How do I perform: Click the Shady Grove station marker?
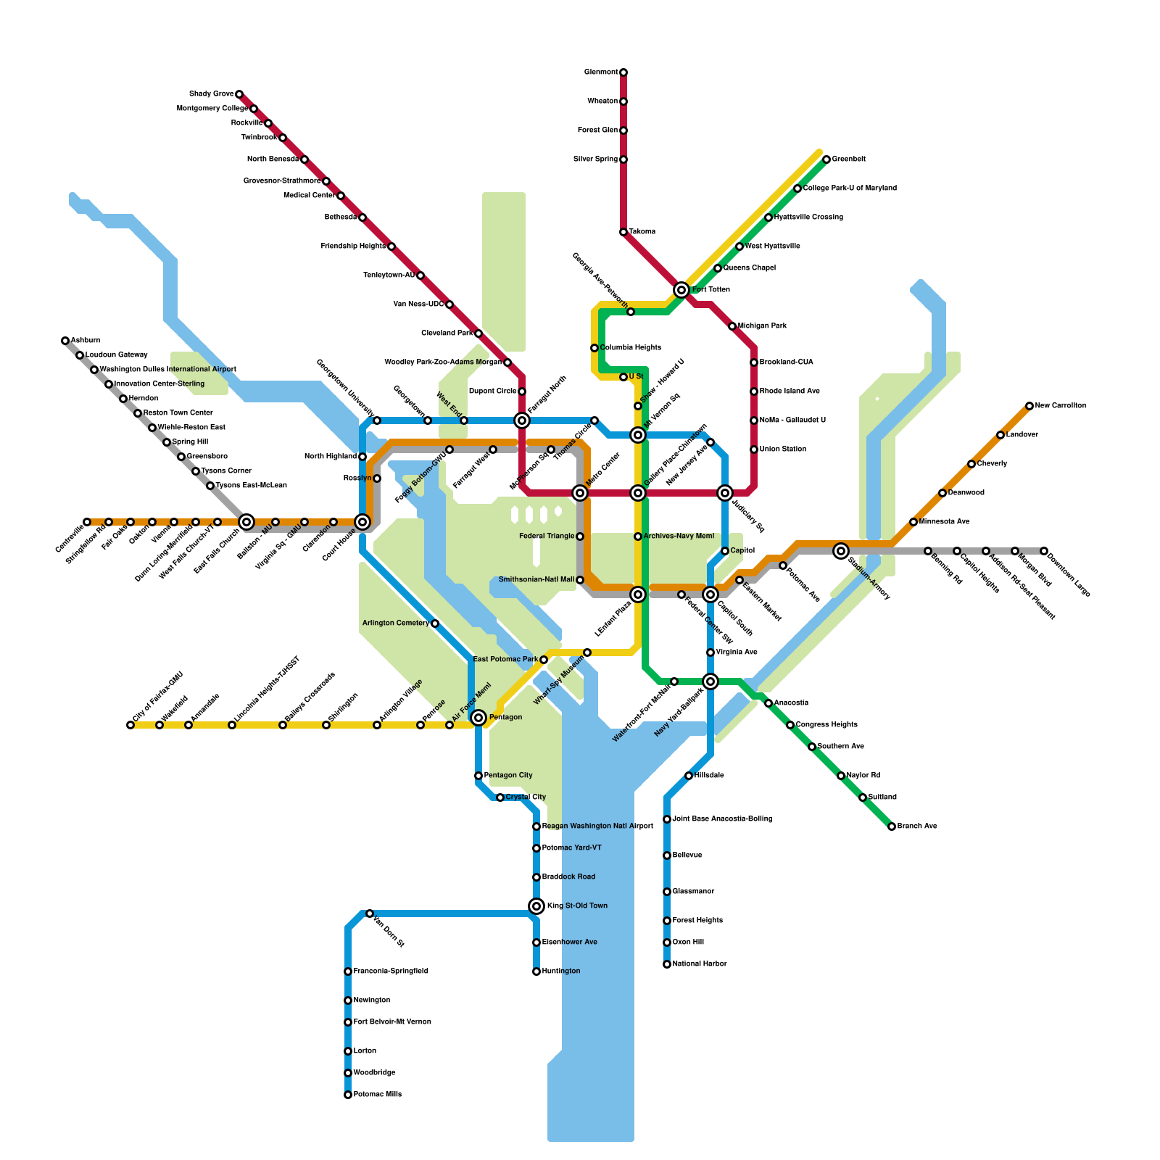coord(239,94)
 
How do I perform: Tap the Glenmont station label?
coord(601,72)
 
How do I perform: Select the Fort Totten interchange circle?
coord(681,290)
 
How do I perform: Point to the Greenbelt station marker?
coord(826,159)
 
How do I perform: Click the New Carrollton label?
coord(1061,406)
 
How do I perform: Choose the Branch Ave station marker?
coord(892,826)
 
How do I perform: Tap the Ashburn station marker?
coord(65,341)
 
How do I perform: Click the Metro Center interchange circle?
coord(580,493)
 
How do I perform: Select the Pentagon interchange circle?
coord(478,718)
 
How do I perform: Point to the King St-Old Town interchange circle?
coord(536,906)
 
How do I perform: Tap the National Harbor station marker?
coord(667,964)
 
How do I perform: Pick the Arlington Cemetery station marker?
coord(435,623)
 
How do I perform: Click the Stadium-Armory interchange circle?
coord(841,551)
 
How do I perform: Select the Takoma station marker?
coord(623,232)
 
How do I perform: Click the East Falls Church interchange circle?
coord(246,522)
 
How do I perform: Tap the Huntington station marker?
coord(536,971)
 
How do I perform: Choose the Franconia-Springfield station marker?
coord(348,971)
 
